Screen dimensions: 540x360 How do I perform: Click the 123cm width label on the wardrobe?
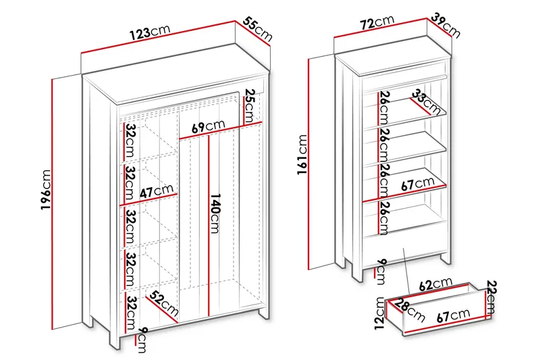[150, 31]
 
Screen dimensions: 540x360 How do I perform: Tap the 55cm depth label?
[258, 29]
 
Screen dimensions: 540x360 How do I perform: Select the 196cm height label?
[46, 190]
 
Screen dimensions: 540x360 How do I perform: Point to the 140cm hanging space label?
[215, 213]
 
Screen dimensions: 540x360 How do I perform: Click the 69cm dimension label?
[208, 126]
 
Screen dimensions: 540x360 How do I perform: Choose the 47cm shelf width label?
[157, 191]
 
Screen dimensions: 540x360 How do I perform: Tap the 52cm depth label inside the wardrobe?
[165, 304]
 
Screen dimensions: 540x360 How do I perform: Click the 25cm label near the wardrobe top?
[250, 105]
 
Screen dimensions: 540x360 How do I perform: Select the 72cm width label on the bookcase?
[377, 22]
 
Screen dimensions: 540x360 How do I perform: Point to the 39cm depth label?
[446, 25]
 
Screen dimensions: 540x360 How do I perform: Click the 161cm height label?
[302, 155]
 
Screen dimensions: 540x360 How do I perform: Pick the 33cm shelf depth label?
[427, 102]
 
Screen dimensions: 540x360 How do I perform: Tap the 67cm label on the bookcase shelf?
[418, 184]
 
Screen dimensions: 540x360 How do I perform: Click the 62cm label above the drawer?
[435, 284]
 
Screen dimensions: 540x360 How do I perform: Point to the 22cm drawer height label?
[491, 297]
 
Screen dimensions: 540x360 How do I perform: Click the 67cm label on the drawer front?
[454, 315]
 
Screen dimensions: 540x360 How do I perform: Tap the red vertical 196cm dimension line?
[53, 204]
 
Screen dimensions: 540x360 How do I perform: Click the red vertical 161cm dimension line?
[309, 164]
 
